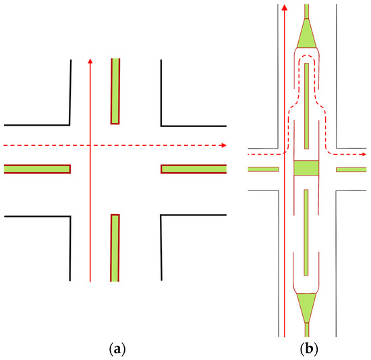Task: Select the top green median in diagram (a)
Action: (115, 91)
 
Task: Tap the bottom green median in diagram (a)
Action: (115, 247)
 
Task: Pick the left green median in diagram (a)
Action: (37, 169)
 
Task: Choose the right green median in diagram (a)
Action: (194, 169)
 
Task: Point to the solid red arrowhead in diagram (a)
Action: (90, 62)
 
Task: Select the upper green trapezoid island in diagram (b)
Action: (306, 33)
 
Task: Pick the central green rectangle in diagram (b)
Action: (306, 168)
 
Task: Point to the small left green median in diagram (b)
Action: (264, 169)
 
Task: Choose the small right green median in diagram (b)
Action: (351, 169)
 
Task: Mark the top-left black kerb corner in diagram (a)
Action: (69, 124)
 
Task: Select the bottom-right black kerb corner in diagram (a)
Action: (161, 216)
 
